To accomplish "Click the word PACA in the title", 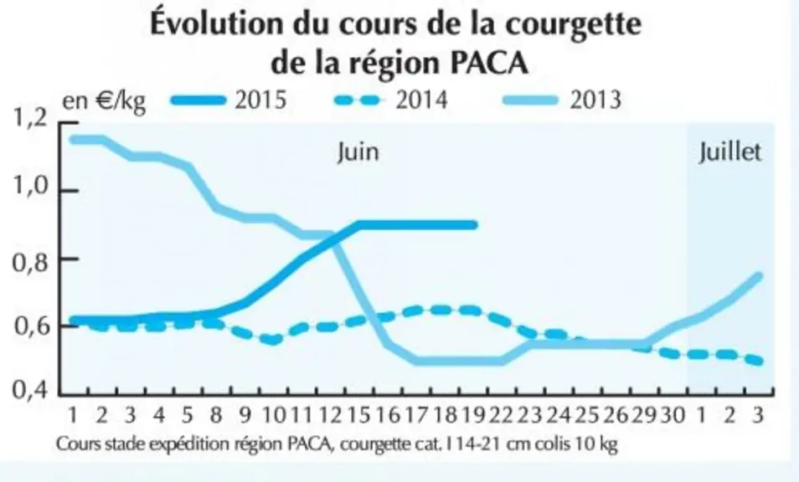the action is (490, 63).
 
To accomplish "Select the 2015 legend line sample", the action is (198, 100).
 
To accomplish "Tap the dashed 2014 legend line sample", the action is (358, 100).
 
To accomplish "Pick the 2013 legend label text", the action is (595, 100).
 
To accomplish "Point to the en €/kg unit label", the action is (104, 101).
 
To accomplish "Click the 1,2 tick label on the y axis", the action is (29, 118).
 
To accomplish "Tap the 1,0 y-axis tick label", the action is (29, 187).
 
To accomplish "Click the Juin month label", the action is (358, 152).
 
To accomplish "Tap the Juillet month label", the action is (729, 152).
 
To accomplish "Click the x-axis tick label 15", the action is (358, 415).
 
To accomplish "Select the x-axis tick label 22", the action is (502, 415).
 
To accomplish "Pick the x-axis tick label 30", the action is (673, 415).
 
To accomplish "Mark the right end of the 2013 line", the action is (758, 277).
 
